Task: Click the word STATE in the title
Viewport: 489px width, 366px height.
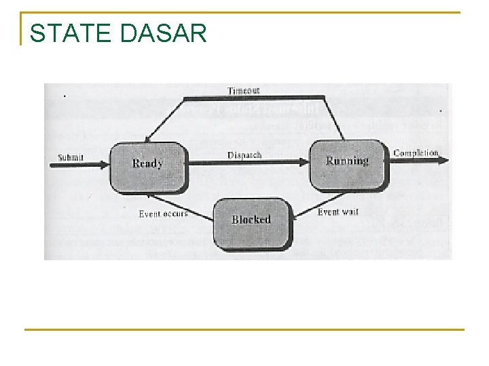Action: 71,33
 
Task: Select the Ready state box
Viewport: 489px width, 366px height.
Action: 147,167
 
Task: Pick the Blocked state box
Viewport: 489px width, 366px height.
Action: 251,222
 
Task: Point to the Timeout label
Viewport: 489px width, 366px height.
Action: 243,90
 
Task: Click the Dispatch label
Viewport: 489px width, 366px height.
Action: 244,155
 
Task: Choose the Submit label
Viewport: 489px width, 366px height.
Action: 71,157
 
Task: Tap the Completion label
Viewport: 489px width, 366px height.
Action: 416,153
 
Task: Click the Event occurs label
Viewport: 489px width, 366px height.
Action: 163,214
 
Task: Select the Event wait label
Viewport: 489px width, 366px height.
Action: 338,212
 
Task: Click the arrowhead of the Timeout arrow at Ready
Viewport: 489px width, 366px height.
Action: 153,140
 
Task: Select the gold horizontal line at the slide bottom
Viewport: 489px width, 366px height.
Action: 244,329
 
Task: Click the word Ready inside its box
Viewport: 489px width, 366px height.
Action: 147,163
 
